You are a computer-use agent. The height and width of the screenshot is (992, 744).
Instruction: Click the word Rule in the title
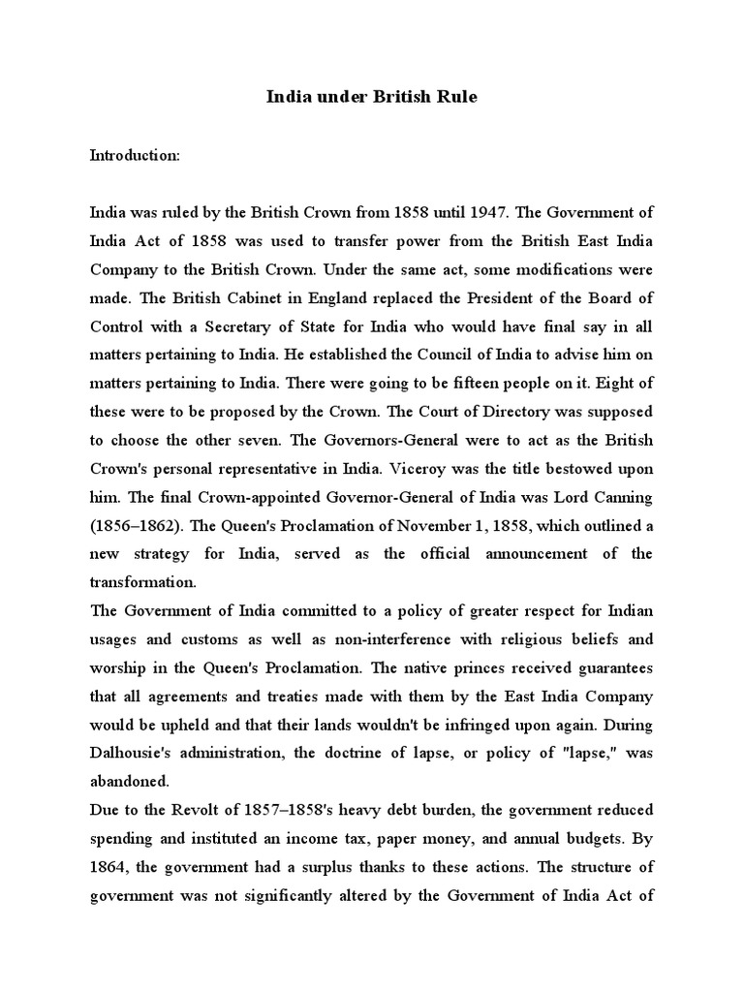(455, 98)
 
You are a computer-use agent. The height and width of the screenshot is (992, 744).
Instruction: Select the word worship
(119, 668)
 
